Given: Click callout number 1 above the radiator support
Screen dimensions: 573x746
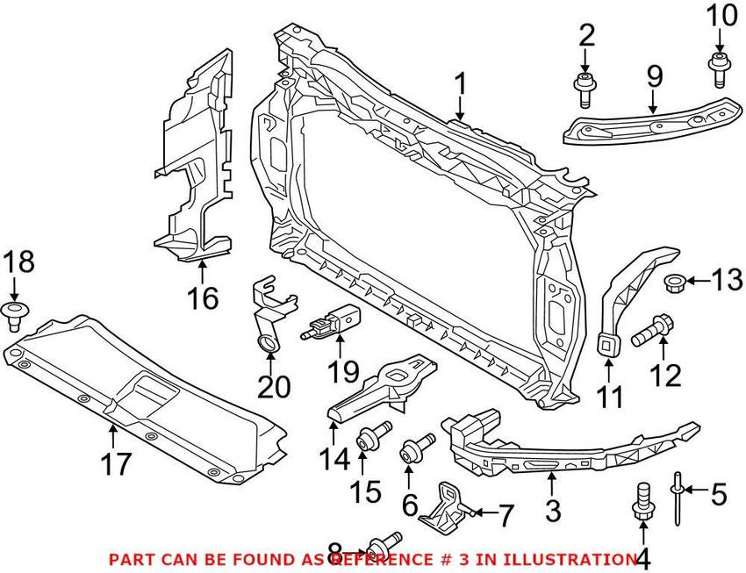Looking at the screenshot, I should (x=459, y=86).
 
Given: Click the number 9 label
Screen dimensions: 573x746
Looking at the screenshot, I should (x=654, y=76).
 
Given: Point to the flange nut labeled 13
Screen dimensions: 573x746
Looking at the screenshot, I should (x=676, y=283).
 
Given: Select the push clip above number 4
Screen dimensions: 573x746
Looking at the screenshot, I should (x=642, y=499).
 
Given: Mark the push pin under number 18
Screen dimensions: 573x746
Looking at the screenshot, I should (x=15, y=314).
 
